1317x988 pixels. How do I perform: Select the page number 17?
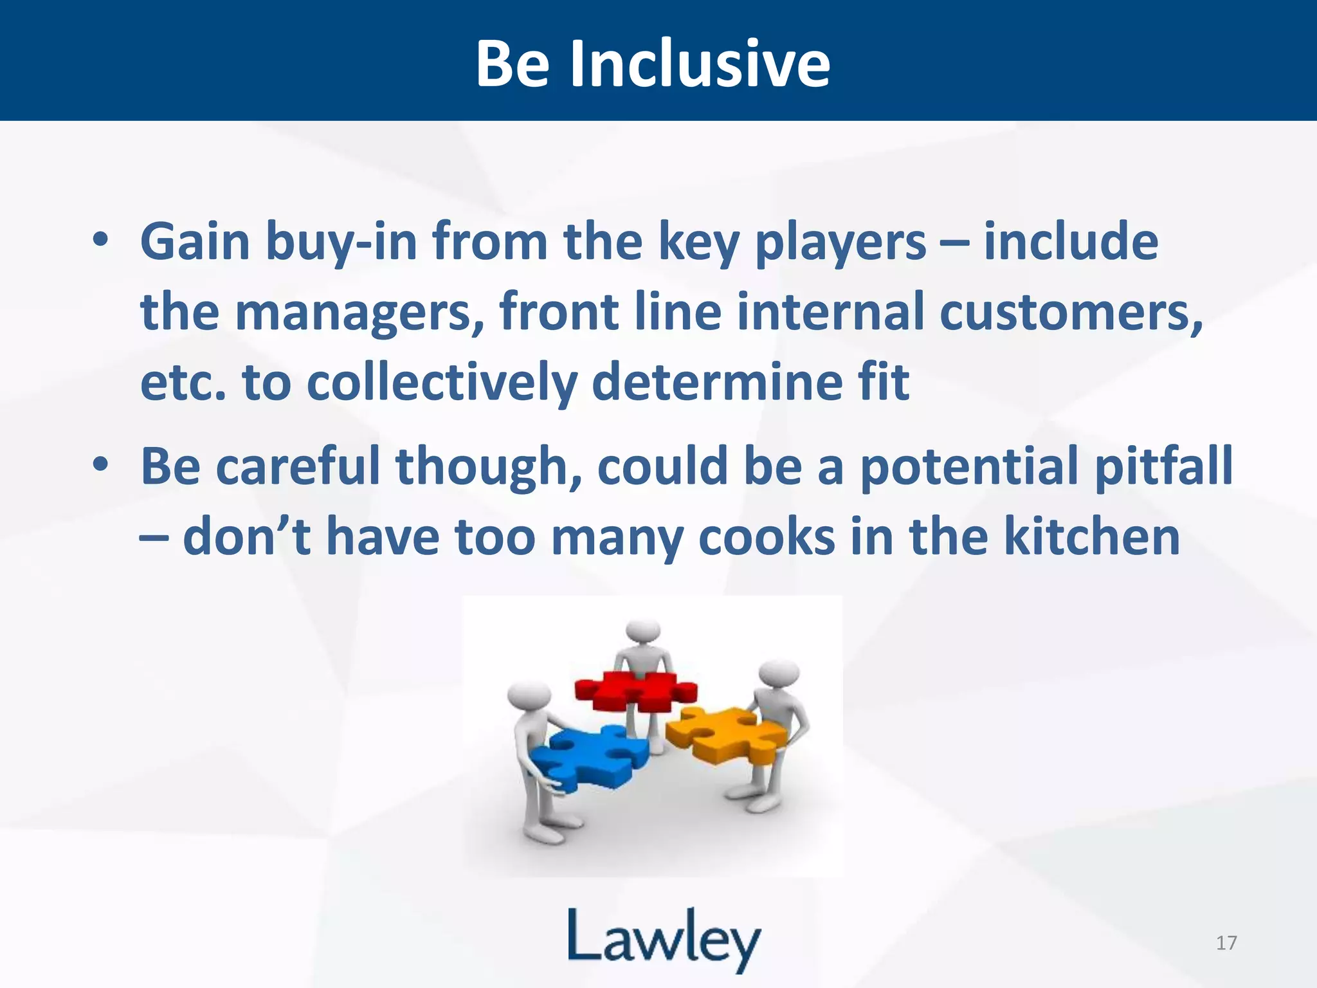pos(1226,943)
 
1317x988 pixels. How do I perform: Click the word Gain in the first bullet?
pos(195,242)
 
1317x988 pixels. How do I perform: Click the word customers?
pos(1071,313)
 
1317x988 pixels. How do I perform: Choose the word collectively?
pos(442,383)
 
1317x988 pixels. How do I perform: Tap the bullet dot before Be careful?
pos(100,464)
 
